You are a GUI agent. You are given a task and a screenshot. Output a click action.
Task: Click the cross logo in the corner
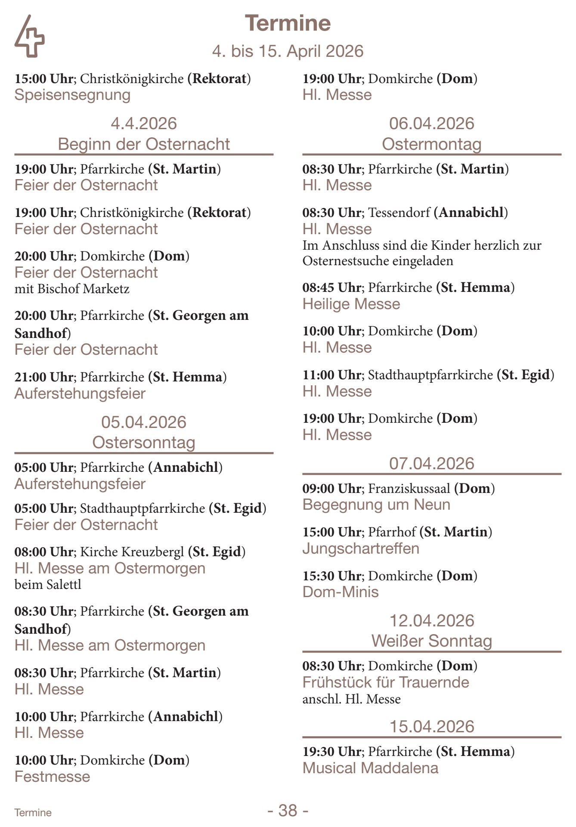(29, 37)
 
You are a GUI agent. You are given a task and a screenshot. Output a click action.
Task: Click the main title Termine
(288, 23)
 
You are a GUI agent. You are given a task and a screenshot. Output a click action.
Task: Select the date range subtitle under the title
(288, 51)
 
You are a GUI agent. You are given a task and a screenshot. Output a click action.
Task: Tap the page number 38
(288, 810)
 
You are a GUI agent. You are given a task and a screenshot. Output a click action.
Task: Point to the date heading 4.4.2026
(144, 124)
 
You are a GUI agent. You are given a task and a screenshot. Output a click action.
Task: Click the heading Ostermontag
(431, 144)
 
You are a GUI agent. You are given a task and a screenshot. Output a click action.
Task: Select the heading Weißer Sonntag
(431, 641)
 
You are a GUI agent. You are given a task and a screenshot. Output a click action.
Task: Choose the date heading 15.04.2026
(431, 726)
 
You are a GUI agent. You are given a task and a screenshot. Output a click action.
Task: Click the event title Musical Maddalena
(370, 768)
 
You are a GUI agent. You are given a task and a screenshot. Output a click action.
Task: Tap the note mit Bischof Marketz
(72, 288)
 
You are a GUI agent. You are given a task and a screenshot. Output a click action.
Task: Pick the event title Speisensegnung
(72, 95)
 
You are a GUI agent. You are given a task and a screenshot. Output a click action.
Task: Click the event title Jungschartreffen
(361, 548)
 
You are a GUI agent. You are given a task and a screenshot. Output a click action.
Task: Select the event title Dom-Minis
(341, 592)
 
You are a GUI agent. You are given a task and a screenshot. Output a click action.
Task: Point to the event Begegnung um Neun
(376, 504)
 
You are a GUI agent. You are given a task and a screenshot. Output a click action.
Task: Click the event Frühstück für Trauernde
(386, 682)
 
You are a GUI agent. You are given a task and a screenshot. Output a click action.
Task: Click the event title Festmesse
(53, 776)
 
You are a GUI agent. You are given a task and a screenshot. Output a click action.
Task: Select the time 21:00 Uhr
(44, 377)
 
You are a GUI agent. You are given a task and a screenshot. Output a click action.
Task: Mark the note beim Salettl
(48, 584)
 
